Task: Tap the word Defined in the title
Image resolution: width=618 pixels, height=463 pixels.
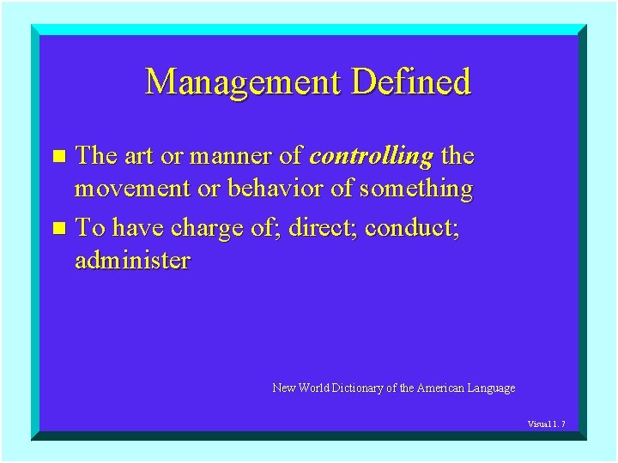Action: (411, 82)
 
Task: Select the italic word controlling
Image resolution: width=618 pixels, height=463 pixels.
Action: (371, 157)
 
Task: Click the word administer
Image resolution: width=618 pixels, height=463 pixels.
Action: (132, 261)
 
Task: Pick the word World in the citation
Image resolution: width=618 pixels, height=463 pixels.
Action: (313, 388)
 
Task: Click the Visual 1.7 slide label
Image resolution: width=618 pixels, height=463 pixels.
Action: (546, 424)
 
